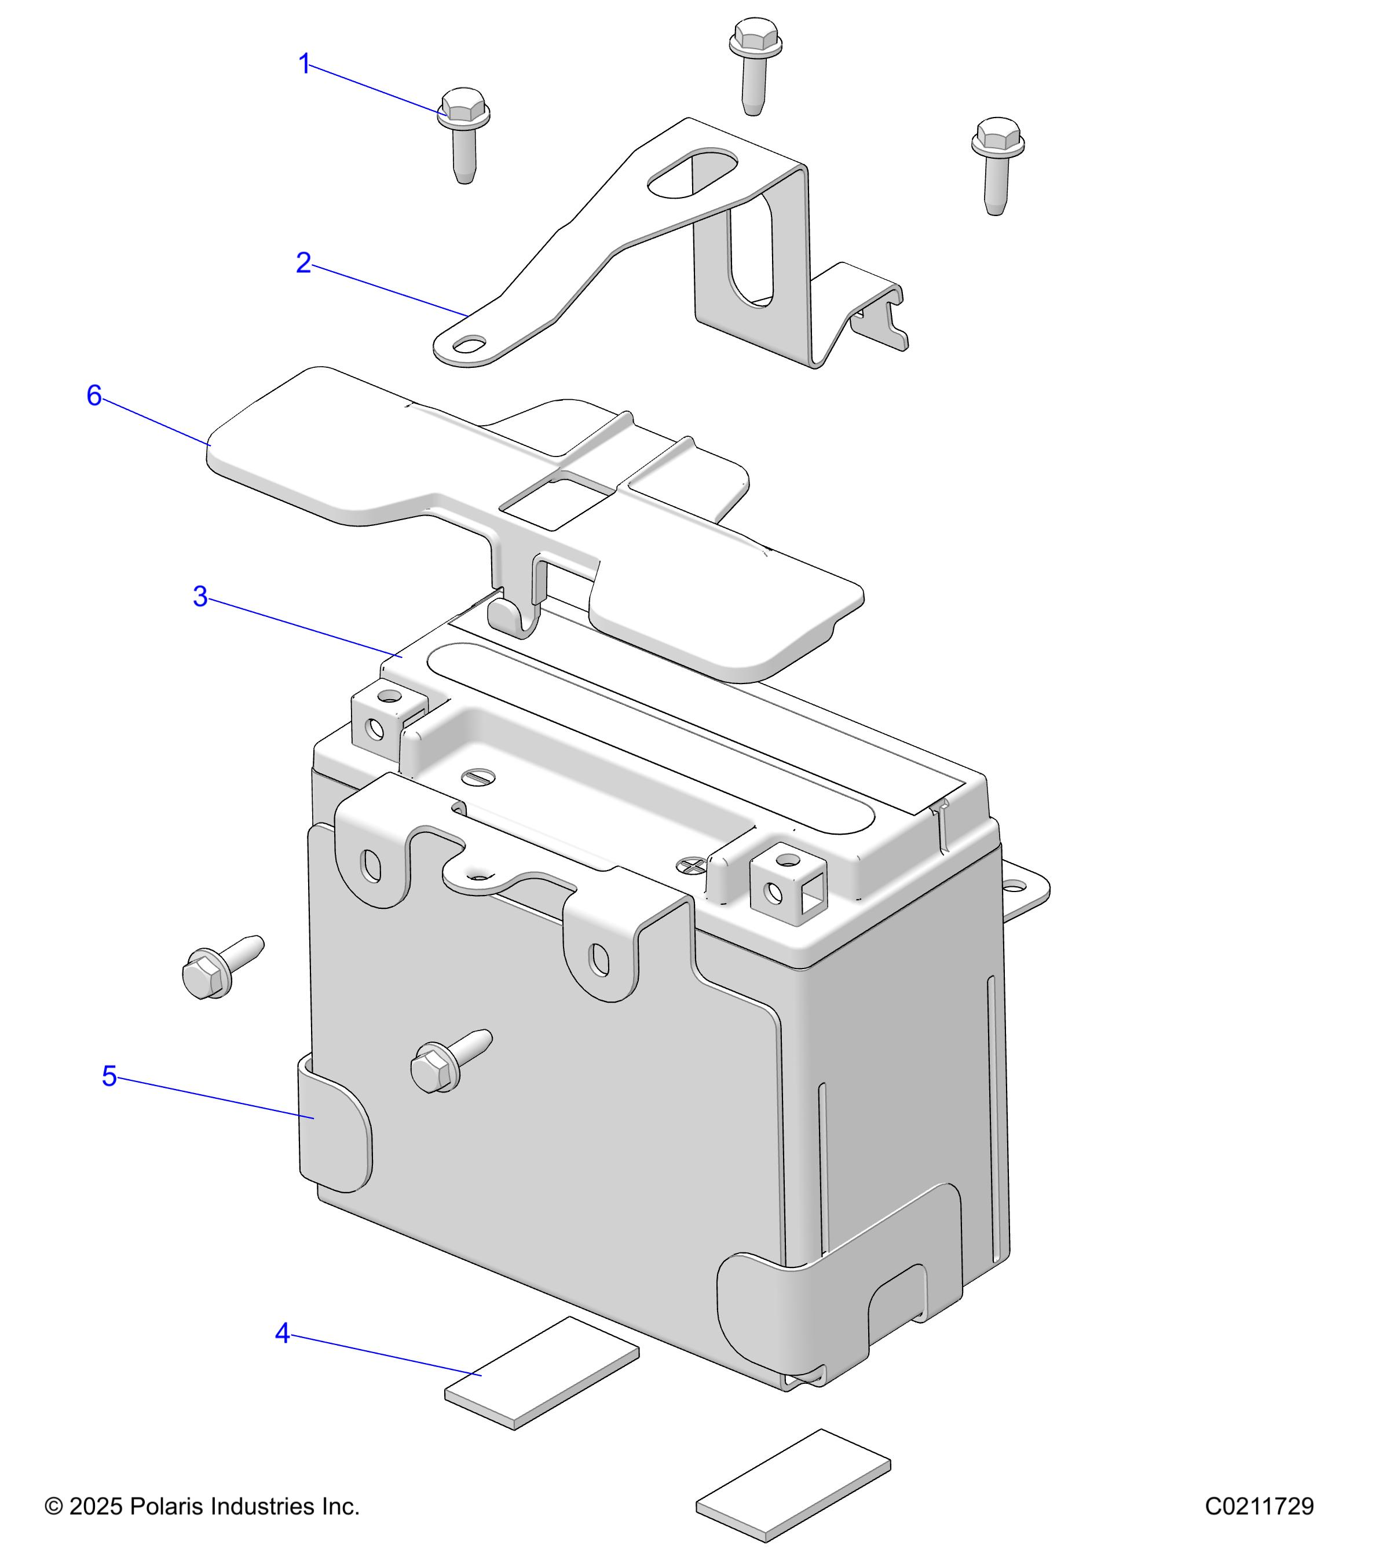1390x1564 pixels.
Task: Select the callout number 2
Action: (303, 263)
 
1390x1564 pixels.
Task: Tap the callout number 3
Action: (200, 597)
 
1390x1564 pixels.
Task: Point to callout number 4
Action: (282, 1333)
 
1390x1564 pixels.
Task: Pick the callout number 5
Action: (109, 1076)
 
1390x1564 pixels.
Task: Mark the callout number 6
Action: (93, 396)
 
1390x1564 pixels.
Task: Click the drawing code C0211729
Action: (1259, 1506)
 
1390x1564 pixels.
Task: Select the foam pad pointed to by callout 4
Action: (542, 1373)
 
